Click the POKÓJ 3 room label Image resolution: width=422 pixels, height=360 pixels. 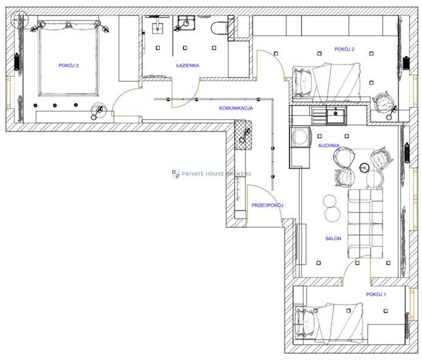tap(69, 66)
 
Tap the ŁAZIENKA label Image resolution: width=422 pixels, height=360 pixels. tap(187, 66)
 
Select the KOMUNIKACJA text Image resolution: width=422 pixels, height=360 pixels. tap(236, 108)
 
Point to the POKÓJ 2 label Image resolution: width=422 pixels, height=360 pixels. tap(345, 49)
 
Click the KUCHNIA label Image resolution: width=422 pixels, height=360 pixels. tap(328, 145)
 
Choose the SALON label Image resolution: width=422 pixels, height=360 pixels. tap(333, 238)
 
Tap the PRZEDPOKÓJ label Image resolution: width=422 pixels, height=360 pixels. tap(268, 206)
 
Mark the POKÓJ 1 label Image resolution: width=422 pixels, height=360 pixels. tap(376, 294)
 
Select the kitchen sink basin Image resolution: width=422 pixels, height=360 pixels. tap(336, 116)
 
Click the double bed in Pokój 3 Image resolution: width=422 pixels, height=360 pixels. tap(69, 58)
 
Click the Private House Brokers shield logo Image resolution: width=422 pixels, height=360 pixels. tap(176, 174)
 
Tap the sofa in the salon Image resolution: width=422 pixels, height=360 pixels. tap(365, 224)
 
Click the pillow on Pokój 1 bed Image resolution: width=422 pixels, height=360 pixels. tap(305, 322)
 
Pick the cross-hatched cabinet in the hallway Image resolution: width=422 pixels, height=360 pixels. tap(243, 135)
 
